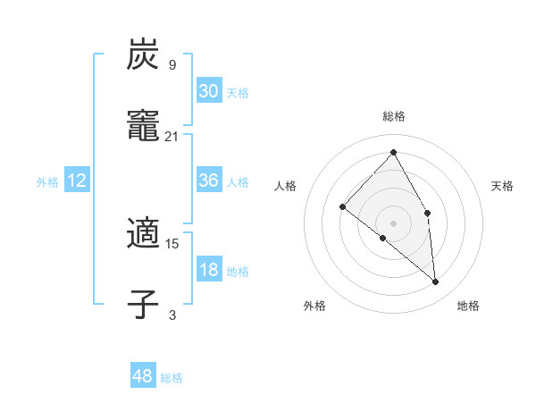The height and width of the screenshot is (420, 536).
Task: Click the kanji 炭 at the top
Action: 143,56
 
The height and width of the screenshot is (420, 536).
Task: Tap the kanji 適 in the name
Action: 143,234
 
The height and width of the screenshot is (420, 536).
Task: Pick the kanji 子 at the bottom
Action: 143,303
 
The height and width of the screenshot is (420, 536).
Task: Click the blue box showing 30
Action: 209,90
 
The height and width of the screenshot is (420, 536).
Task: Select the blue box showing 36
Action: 209,181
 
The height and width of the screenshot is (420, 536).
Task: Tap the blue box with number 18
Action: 209,270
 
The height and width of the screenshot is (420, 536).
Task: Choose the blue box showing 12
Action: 77,181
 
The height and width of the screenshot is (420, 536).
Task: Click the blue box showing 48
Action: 143,376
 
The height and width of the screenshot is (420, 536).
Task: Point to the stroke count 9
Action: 172,64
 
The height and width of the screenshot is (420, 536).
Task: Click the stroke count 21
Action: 172,136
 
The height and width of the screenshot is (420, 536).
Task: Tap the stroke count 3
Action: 172,315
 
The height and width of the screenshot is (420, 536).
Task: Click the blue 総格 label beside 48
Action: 172,378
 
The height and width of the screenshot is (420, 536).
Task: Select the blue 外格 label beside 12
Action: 47,182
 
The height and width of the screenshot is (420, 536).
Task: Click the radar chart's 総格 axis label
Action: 394,116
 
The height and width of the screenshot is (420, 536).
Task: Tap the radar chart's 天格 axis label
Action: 502,186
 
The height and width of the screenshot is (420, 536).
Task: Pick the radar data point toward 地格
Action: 436,282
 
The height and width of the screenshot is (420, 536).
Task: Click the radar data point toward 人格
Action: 342,206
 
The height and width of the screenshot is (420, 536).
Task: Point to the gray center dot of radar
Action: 394,223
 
